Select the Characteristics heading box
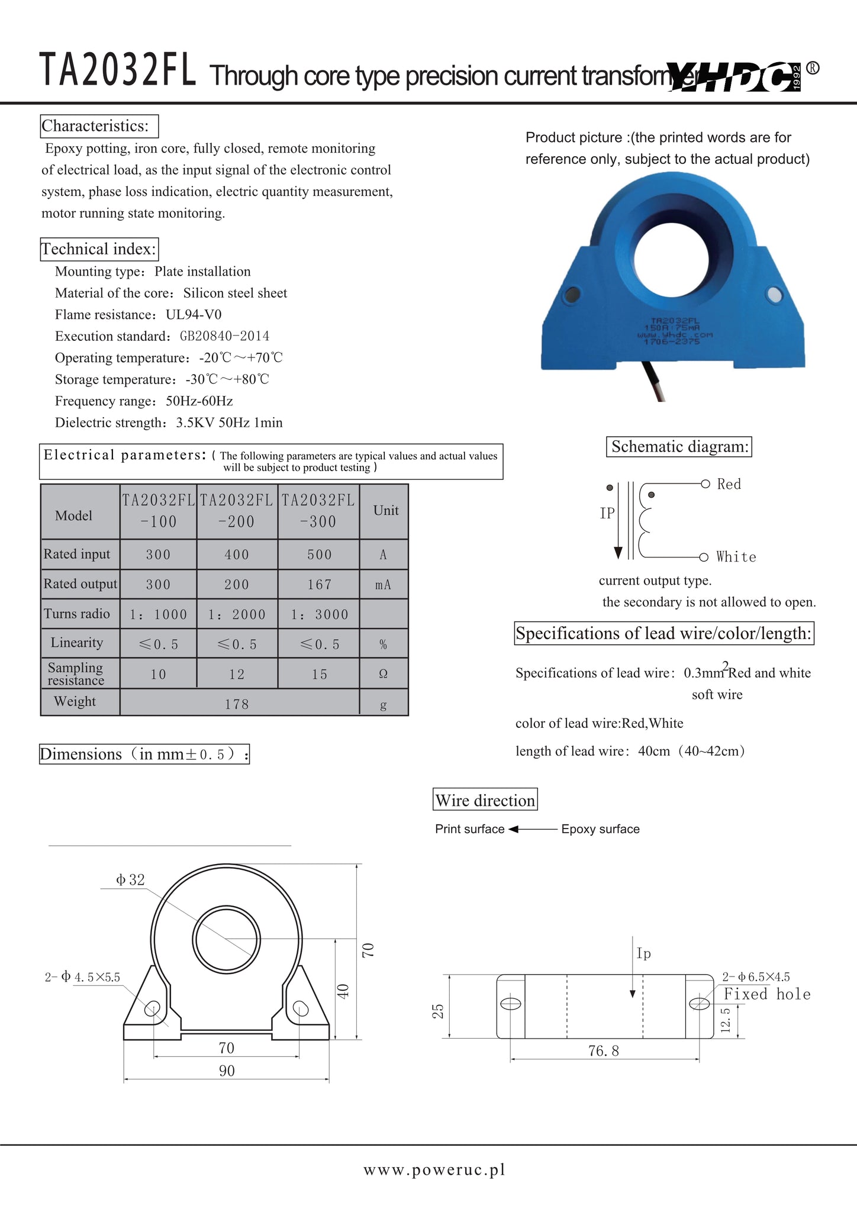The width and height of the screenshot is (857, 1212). click(x=99, y=126)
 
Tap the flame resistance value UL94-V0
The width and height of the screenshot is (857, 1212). click(x=194, y=314)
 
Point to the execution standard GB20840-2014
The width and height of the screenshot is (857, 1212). click(x=224, y=336)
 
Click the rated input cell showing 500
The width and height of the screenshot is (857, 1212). click(x=319, y=555)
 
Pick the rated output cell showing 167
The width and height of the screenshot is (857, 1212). click(x=319, y=585)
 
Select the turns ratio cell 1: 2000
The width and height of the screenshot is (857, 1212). click(x=237, y=614)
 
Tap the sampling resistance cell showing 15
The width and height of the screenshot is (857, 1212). click(x=319, y=674)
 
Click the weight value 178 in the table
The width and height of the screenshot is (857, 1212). click(x=237, y=704)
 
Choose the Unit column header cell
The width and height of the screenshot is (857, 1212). click(x=385, y=511)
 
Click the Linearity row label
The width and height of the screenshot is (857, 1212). click(x=77, y=643)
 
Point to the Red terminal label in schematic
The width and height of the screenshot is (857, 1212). click(x=729, y=484)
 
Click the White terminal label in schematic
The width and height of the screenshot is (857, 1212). click(x=736, y=557)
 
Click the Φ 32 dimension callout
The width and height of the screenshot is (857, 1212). click(x=130, y=880)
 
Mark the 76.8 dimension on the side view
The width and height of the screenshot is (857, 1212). click(x=604, y=1051)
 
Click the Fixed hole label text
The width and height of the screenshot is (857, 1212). click(x=767, y=994)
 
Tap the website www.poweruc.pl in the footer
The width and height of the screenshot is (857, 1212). click(x=434, y=1170)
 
